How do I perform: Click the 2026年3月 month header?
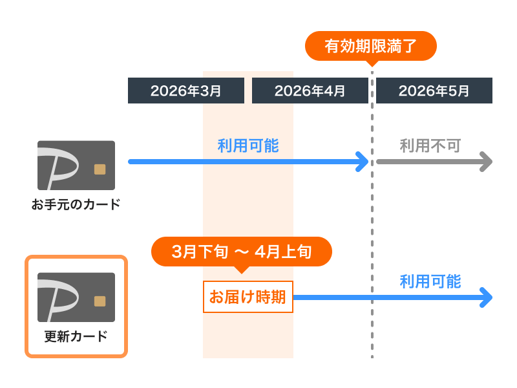(x=186, y=91)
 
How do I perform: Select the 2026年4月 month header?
(x=310, y=91)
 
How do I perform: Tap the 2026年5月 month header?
(x=434, y=91)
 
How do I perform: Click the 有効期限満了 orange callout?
(x=371, y=46)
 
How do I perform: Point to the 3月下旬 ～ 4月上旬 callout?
(x=242, y=252)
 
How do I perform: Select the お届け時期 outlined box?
(x=248, y=297)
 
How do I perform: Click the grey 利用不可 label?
(x=430, y=145)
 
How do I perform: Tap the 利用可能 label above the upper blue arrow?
(x=248, y=145)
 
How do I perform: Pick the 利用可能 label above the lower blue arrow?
(x=430, y=281)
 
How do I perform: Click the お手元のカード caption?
(x=76, y=205)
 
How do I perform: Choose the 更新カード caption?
(x=76, y=336)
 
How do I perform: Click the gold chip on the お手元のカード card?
(x=100, y=169)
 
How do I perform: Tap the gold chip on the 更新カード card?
(x=100, y=301)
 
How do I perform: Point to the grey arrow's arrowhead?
(x=487, y=161)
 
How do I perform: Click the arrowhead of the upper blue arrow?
(x=363, y=161)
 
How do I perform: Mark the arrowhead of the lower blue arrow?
(x=487, y=297)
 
